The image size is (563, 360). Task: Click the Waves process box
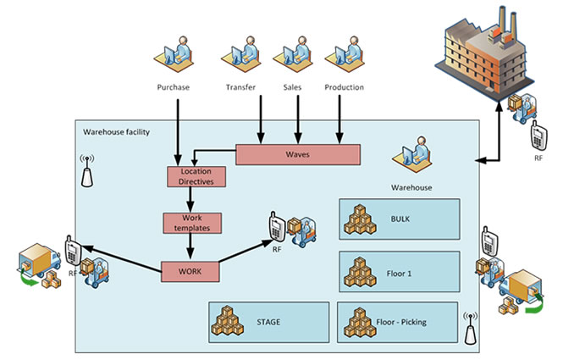(297, 155)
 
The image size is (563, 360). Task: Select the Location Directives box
(196, 177)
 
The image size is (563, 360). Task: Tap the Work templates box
(191, 223)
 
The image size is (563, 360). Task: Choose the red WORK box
(190, 272)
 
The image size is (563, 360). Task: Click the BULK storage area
(399, 219)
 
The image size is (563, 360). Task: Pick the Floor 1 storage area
(399, 271)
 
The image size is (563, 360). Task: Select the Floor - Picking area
(398, 322)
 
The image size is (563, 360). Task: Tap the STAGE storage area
(268, 322)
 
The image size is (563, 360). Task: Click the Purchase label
(174, 87)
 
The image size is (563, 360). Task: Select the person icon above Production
(345, 56)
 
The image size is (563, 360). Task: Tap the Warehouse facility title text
(115, 132)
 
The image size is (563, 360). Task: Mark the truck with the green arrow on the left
(38, 261)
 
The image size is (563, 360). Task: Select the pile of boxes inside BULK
(361, 219)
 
